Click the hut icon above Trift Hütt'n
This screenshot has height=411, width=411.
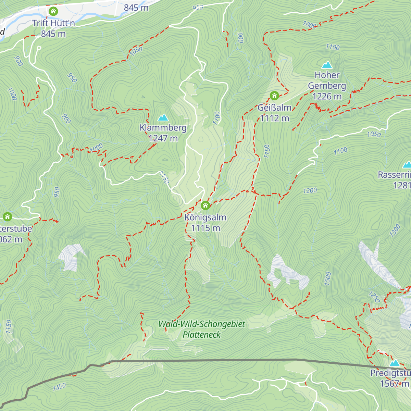(53, 11)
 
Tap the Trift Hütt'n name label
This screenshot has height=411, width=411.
(53, 23)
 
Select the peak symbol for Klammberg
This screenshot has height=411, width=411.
(163, 118)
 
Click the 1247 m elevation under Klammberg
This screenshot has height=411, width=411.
(163, 138)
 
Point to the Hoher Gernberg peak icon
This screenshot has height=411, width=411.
(327, 65)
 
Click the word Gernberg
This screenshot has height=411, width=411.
(327, 86)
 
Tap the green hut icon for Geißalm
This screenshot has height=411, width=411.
(274, 96)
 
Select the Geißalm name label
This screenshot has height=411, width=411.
(274, 108)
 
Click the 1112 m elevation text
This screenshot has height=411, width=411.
(274, 119)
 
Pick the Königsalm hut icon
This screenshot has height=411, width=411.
(205, 206)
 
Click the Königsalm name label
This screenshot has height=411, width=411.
(205, 217)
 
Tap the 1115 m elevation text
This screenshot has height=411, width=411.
(205, 228)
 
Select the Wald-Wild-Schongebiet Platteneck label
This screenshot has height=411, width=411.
(202, 329)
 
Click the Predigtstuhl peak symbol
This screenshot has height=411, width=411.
(395, 363)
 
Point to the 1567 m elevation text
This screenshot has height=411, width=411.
(395, 384)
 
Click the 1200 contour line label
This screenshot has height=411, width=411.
(310, 190)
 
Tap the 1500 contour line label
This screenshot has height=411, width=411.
(328, 278)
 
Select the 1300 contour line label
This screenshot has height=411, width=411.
(395, 230)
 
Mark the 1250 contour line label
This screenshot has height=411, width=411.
(374, 297)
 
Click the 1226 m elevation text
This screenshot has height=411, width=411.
(327, 97)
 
